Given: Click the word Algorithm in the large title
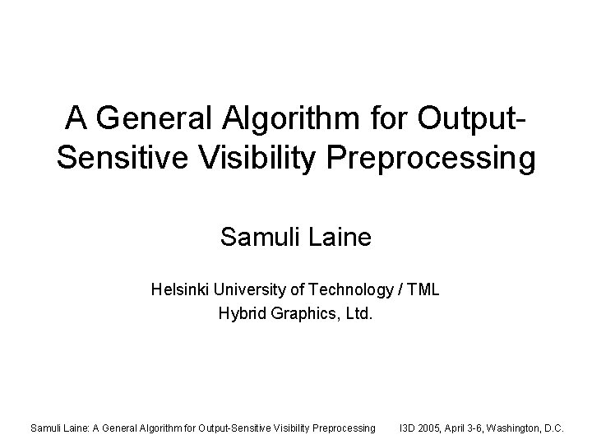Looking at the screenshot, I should (279, 120).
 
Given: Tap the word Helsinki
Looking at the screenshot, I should (178, 289).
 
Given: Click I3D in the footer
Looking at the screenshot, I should (408, 428).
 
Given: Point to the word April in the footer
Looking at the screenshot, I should (463, 428).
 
